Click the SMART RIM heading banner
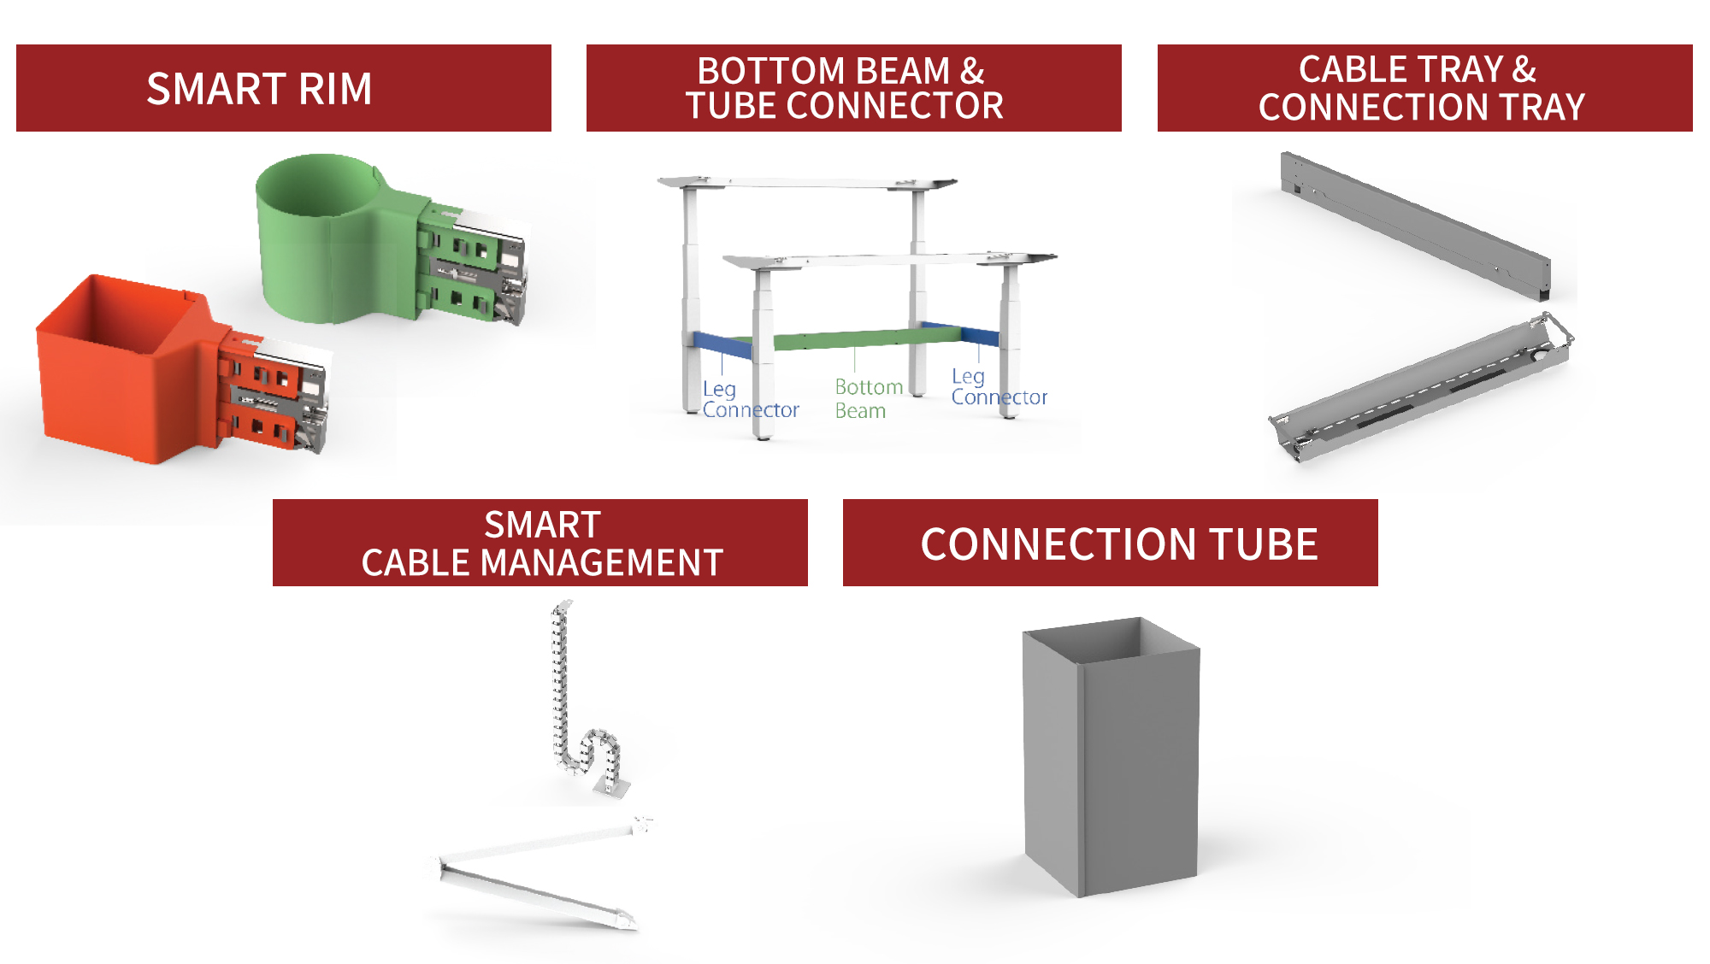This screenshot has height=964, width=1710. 284,88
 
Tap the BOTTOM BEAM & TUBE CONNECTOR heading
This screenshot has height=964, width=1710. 853,88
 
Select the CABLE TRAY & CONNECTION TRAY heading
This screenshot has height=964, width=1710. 1424,88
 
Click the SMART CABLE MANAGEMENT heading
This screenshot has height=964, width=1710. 540,543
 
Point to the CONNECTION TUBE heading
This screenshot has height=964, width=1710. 1110,543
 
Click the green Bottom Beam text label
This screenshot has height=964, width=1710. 868,399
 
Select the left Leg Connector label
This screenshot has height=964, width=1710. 750,399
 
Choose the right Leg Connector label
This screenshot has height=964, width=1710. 999,386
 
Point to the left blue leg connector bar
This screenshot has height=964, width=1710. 722,344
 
